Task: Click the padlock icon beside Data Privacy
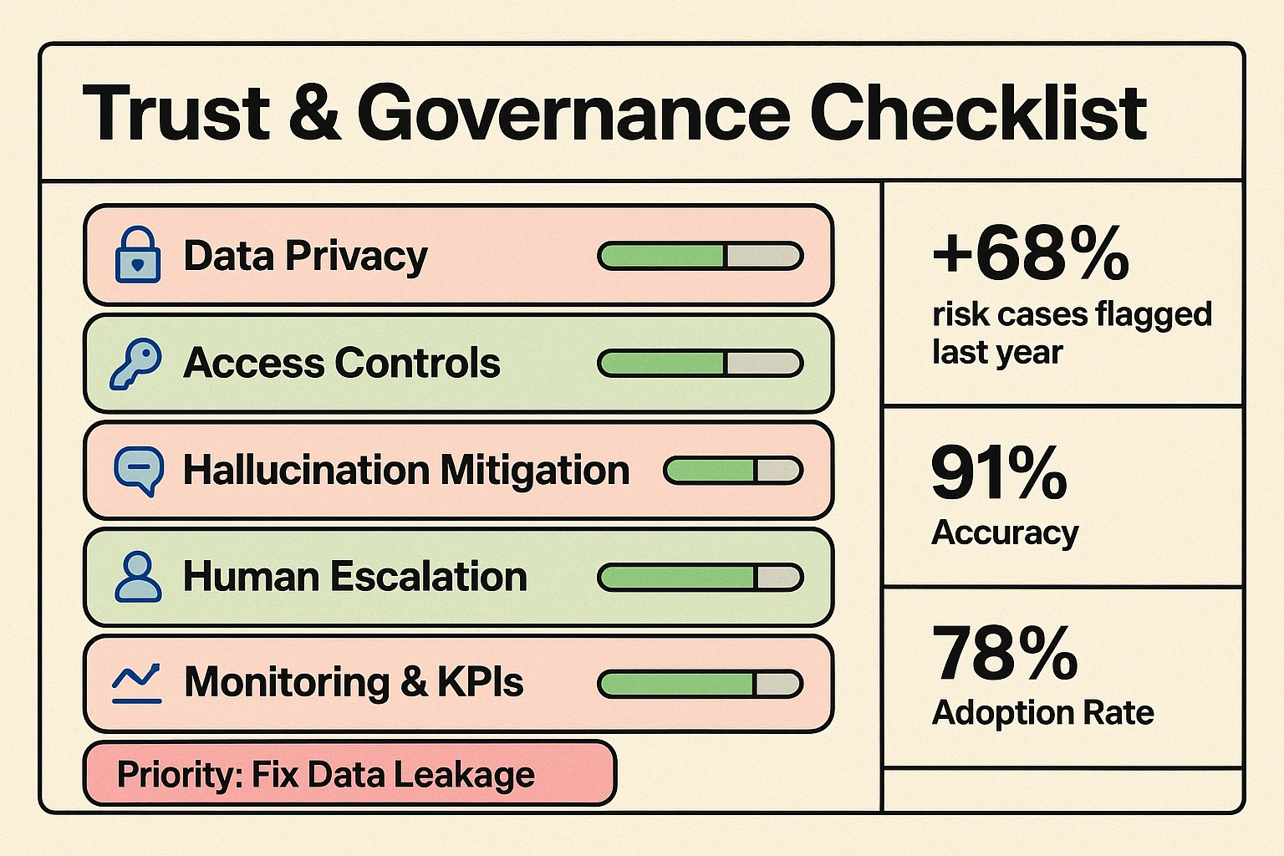[138, 255]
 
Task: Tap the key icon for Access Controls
[135, 363]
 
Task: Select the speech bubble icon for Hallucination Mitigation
[138, 471]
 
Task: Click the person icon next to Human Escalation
[138, 577]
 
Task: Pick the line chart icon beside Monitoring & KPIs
[137, 683]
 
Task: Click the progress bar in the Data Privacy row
[701, 256]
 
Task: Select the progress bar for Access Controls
[701, 363]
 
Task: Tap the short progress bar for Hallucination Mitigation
[733, 471]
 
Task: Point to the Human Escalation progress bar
[701, 577]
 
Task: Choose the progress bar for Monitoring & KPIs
[701, 684]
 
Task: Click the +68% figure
[1031, 253]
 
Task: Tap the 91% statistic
[999, 473]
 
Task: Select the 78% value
[1005, 654]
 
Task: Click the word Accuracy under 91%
[1005, 532]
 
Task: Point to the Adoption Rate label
[1042, 713]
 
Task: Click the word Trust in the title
[176, 113]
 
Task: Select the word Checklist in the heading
[978, 113]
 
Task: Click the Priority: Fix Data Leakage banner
[349, 774]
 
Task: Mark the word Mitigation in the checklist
[535, 471]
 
